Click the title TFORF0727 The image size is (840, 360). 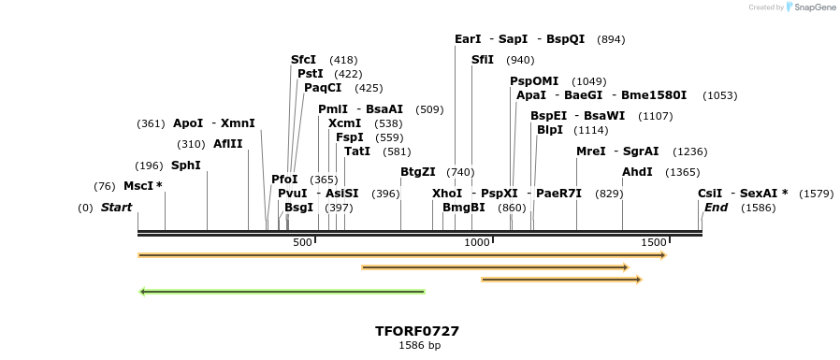[416, 331]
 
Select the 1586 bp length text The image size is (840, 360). [418, 346]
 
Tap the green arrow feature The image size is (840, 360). [282, 292]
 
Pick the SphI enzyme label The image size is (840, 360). [185, 166]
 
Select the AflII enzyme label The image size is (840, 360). [227, 144]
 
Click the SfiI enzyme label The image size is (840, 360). [483, 60]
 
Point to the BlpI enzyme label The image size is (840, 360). [550, 130]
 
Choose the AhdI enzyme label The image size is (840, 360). [637, 172]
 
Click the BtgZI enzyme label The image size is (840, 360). [417, 172]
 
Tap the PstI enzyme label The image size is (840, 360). [310, 74]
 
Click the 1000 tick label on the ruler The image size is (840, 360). [477, 243]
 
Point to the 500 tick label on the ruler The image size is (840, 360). [302, 243]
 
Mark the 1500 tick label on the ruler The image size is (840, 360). [653, 243]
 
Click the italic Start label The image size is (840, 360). [116, 208]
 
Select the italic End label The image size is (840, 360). [716, 208]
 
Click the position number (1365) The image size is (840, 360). [682, 172]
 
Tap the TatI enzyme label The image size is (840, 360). [357, 151]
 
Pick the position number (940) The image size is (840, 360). [520, 60]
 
